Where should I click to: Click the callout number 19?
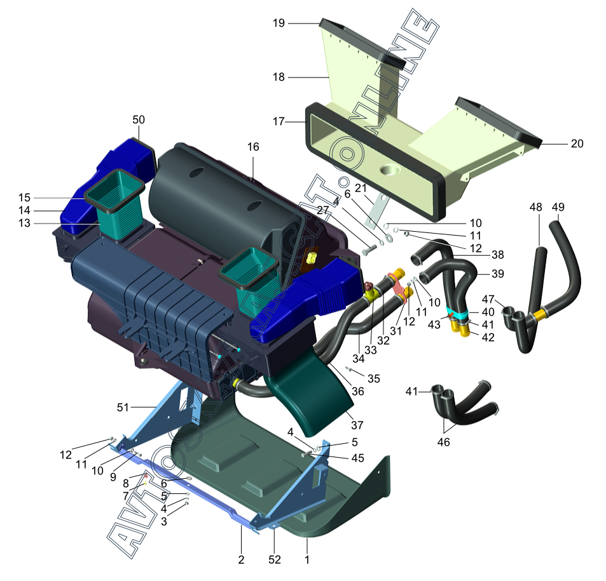tap(279, 23)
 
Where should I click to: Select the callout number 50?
tap(139, 119)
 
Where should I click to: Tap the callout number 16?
tap(253, 147)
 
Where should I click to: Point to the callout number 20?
tap(577, 144)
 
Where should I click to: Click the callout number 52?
tap(275, 559)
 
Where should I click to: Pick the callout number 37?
tap(357, 425)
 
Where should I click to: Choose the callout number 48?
tap(535, 207)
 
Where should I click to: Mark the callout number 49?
tap(558, 207)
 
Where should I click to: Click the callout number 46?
tap(443, 442)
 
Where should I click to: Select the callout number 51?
tap(123, 407)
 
